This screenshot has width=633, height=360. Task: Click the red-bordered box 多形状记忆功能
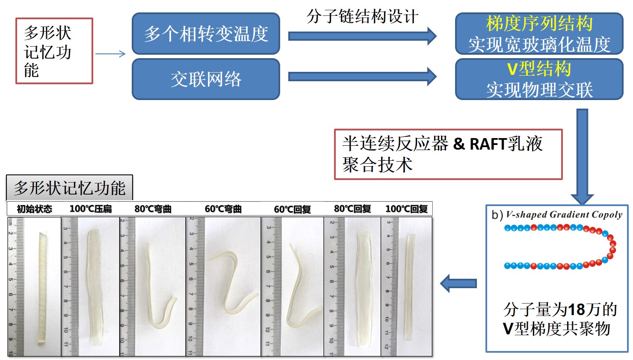pyautogui.click(x=54, y=51)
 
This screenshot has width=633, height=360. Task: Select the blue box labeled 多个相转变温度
pyautogui.click(x=206, y=34)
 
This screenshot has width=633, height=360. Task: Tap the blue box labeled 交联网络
pyautogui.click(x=206, y=79)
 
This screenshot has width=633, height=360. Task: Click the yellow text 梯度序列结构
pyautogui.click(x=539, y=24)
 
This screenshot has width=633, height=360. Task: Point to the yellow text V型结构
pyautogui.click(x=539, y=69)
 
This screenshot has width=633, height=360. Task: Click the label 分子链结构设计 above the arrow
pyautogui.click(x=362, y=17)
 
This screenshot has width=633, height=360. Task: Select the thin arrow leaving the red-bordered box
pyautogui.click(x=110, y=54)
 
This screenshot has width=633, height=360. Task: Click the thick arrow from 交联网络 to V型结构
pyautogui.click(x=362, y=77)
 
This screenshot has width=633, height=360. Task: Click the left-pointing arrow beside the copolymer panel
pyautogui.click(x=458, y=283)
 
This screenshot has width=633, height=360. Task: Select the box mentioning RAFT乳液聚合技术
pyautogui.click(x=448, y=154)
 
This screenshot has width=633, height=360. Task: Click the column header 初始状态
pyautogui.click(x=34, y=209)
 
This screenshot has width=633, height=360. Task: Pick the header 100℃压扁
pyautogui.click(x=91, y=209)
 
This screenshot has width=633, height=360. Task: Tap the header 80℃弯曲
pyautogui.click(x=153, y=209)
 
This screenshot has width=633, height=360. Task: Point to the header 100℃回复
pyautogui.click(x=406, y=209)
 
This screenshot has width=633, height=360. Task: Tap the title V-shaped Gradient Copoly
pyautogui.click(x=563, y=215)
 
